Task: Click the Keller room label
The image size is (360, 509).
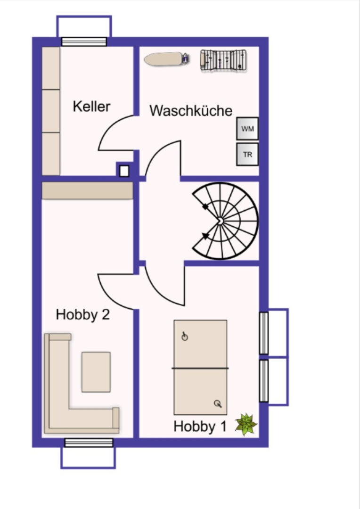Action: (x=91, y=107)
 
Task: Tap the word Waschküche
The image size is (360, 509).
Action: (x=191, y=111)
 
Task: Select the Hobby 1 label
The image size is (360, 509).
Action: (x=200, y=426)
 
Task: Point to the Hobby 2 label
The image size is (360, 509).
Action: (x=83, y=314)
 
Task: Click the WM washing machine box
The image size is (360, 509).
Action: (x=247, y=129)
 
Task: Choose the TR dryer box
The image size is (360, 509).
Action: (x=247, y=154)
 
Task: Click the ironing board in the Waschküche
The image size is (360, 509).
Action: (x=166, y=59)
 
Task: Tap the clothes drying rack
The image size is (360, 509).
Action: (x=223, y=60)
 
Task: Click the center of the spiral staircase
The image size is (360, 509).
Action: (x=220, y=221)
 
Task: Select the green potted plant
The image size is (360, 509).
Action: (x=246, y=424)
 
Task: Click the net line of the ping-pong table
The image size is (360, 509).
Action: (x=200, y=368)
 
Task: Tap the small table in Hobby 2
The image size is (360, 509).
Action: (x=96, y=372)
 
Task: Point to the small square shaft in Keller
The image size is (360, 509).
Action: (x=124, y=171)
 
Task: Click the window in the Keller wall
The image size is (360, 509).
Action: (x=84, y=41)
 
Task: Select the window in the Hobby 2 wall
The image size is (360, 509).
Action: (x=89, y=443)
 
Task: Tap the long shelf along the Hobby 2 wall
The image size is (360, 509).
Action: (x=88, y=190)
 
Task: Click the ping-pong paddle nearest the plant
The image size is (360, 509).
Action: (x=218, y=404)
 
